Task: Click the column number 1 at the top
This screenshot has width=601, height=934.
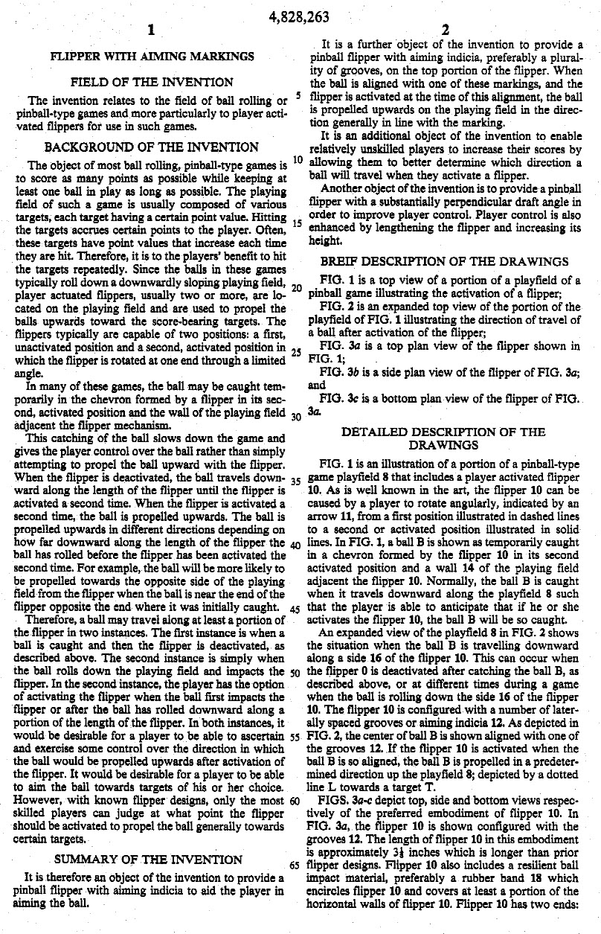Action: click(x=150, y=31)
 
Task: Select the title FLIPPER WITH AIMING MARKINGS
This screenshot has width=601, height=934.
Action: click(x=152, y=56)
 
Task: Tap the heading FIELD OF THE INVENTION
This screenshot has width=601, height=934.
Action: click(x=152, y=83)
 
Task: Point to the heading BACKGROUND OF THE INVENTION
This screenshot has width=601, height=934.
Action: click(x=152, y=147)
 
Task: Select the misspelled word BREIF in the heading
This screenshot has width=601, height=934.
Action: click(x=339, y=261)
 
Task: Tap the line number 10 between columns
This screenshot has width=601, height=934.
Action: click(x=297, y=159)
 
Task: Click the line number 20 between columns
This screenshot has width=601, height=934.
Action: click(x=297, y=288)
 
